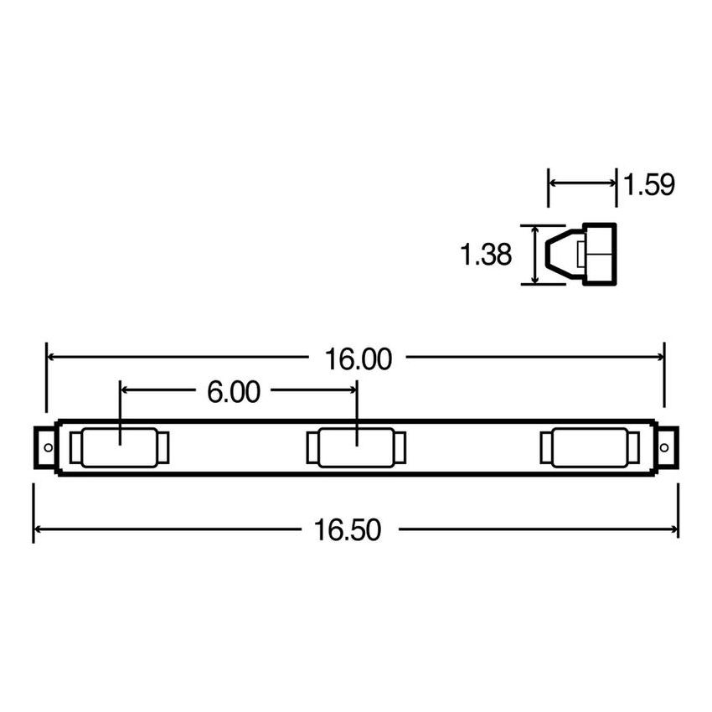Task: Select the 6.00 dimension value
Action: [234, 391]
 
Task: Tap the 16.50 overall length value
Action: [348, 530]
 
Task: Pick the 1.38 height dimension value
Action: [485, 255]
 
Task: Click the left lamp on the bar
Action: [119, 447]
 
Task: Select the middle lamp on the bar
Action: [357, 447]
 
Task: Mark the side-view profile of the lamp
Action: [581, 254]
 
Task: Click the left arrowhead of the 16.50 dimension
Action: [38, 529]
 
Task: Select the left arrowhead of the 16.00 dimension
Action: [51, 357]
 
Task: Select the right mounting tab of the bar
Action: [668, 448]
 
